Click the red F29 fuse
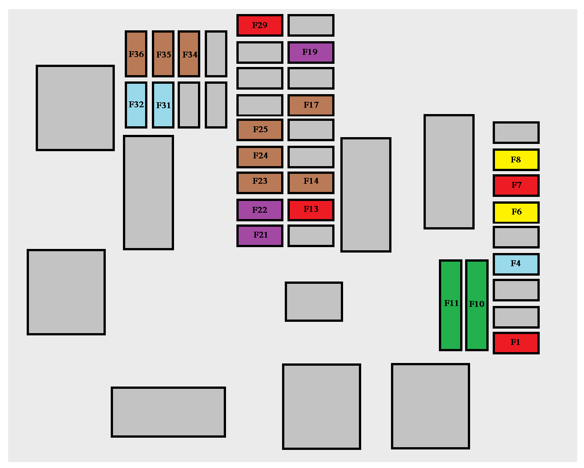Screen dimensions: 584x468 [x=259, y=25]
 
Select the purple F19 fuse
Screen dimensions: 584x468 [x=311, y=52]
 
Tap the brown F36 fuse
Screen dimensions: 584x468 [x=136, y=53]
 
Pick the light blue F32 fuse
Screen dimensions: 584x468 [x=136, y=105]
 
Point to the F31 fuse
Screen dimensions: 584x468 [x=163, y=105]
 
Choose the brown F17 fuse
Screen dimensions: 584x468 [x=311, y=105]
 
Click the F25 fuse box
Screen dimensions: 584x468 [x=259, y=129]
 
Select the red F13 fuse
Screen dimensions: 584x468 [x=311, y=210]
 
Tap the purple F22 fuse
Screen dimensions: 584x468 [x=259, y=210]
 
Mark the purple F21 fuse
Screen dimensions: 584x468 [x=259, y=235]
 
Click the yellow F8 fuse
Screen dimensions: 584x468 [x=516, y=159]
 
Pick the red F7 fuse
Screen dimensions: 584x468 [x=516, y=186]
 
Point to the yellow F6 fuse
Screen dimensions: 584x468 [x=516, y=212]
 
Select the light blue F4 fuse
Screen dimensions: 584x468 [x=516, y=264]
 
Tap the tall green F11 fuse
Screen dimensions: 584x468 [x=450, y=305]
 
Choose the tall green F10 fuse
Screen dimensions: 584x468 [x=476, y=305]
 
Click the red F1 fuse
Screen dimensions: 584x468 [x=516, y=343]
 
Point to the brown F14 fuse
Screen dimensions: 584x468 [x=311, y=182]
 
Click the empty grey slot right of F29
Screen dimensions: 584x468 [x=311, y=25]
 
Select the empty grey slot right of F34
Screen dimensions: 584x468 [x=216, y=53]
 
